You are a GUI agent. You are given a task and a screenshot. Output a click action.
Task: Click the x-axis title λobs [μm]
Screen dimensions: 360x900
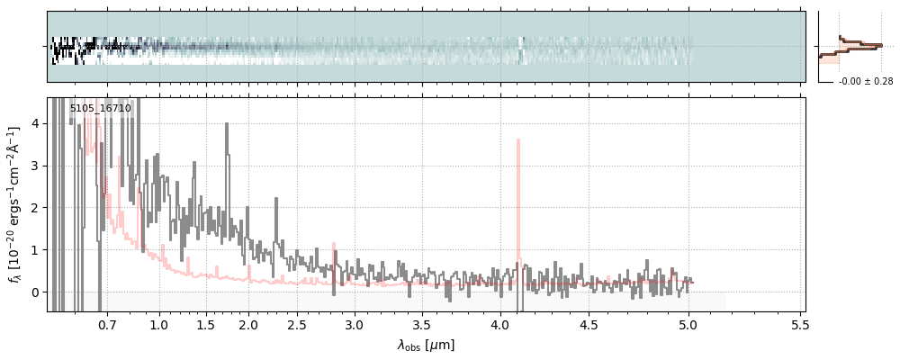pos(426,345)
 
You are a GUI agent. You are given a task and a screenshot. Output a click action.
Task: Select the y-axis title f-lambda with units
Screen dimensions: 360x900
pos(15,204)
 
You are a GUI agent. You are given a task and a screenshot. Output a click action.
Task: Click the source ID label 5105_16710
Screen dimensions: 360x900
pos(101,108)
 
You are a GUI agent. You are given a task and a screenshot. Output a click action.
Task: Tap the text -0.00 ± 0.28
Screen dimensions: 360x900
pos(866,82)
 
